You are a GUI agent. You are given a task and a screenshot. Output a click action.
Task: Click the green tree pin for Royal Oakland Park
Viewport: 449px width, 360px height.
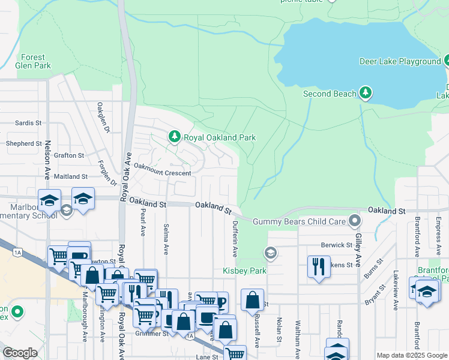point(174,137)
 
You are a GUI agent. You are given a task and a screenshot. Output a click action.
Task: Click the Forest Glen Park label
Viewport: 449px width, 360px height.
point(34,61)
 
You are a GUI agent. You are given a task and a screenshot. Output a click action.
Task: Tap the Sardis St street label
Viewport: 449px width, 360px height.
point(28,122)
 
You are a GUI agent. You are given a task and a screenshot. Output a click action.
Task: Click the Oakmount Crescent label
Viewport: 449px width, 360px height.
point(162,173)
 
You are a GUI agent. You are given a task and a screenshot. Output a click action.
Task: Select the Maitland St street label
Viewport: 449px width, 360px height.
point(71,176)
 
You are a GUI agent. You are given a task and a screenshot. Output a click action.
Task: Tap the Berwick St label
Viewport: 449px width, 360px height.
point(336,245)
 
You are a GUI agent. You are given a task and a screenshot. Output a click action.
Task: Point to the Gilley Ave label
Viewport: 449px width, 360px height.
point(357,251)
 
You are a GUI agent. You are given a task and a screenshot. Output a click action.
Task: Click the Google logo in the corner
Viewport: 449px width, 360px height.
point(20,353)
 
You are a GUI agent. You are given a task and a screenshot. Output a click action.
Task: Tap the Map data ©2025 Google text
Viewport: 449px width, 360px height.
point(411,355)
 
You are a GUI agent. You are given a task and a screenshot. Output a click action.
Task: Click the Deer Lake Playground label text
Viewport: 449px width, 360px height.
point(400,61)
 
